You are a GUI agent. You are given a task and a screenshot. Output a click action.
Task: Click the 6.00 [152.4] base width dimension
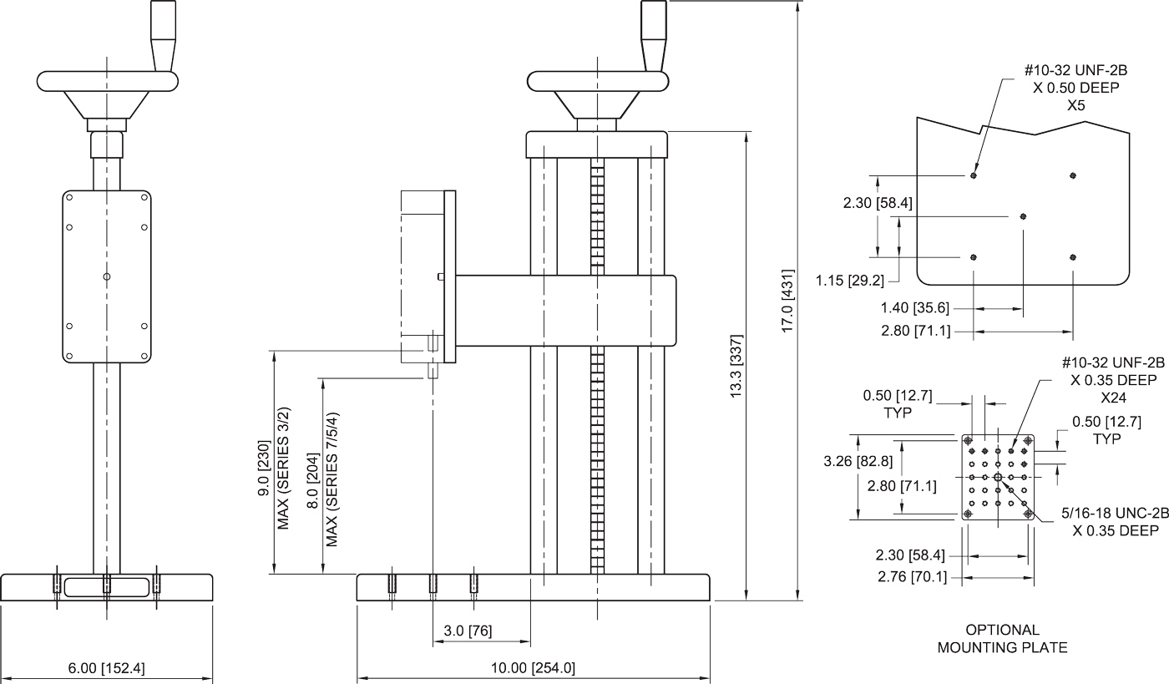coord(106,668)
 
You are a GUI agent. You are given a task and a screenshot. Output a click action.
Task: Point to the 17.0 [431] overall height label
coord(787,301)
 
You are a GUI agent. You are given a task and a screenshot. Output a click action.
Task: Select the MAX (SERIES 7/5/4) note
coord(332,478)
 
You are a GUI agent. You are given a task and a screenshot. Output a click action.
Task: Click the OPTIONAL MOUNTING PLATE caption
coord(1002,639)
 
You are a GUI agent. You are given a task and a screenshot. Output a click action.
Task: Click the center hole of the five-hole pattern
coord(1024,216)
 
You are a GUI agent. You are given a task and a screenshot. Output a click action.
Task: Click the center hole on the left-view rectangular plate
coord(106,276)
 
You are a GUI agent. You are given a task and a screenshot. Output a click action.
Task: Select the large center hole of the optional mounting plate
coord(998,477)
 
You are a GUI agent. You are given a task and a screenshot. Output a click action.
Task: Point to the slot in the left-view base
coord(106,585)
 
